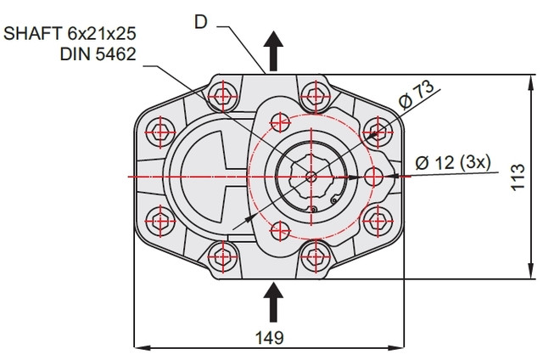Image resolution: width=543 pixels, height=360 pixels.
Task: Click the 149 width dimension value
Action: [269, 337]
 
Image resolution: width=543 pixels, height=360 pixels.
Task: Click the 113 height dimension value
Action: [518, 177]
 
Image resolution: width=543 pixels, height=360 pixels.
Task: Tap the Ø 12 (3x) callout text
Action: [452, 162]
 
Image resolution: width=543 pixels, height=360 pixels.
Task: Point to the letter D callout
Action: [201, 23]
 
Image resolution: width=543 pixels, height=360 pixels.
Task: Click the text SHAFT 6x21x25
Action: [70, 34]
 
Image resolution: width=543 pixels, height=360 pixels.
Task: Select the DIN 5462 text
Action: [98, 54]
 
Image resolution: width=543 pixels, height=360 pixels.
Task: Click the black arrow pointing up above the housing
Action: [273, 51]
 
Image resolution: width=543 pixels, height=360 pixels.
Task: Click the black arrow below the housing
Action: [273, 302]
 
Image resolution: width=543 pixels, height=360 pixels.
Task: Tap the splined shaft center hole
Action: [311, 177]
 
